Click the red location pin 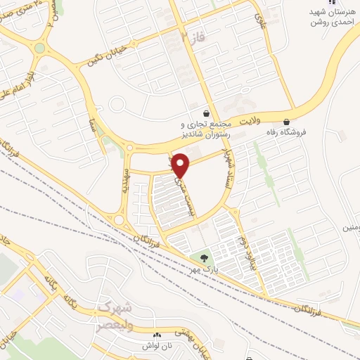point(181,165)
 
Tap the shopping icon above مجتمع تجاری point(206,112)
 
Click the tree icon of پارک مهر point(205,260)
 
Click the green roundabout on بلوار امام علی point(39,49)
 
